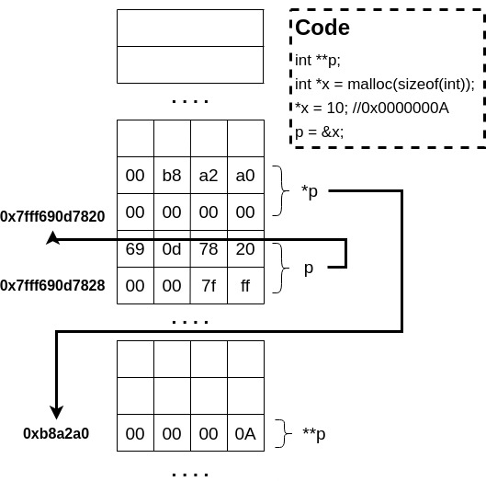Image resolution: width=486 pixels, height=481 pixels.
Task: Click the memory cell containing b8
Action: tap(172, 175)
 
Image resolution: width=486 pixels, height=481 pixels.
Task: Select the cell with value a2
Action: tap(209, 175)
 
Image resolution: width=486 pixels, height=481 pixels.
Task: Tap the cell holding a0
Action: tap(245, 175)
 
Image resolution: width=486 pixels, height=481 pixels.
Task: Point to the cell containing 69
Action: tap(135, 249)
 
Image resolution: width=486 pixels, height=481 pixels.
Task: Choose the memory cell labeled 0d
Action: tap(172, 249)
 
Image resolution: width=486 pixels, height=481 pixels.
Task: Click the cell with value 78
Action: tap(209, 249)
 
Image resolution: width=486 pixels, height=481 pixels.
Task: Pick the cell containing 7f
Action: tap(209, 286)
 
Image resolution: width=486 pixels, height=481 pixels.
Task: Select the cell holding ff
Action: tap(245, 286)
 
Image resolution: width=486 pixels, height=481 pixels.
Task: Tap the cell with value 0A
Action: tap(245, 433)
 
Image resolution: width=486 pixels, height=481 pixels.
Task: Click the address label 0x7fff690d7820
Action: tap(52, 217)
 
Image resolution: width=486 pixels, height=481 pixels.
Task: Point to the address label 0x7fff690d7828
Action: tap(52, 286)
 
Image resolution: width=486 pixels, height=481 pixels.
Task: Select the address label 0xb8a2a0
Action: tap(56, 433)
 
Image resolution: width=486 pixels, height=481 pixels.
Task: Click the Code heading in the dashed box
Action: tap(322, 28)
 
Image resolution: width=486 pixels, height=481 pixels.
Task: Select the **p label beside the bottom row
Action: tap(313, 433)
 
